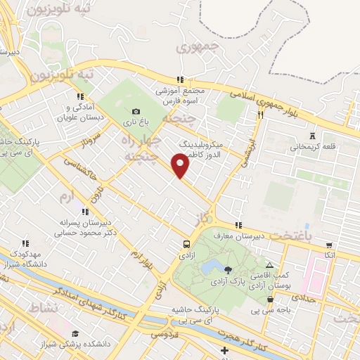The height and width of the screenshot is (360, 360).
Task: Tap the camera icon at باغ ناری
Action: [136, 111]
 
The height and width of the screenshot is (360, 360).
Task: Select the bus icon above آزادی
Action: [186, 244]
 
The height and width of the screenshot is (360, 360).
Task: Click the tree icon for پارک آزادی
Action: [227, 269]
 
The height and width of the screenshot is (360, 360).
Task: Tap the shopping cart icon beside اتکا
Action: [329, 245]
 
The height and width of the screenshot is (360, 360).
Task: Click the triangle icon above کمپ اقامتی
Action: [269, 265]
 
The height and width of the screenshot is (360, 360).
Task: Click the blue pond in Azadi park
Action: [209, 267]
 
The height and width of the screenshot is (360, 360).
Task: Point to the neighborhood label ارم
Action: [67, 193]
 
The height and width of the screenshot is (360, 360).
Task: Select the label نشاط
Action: [44, 308]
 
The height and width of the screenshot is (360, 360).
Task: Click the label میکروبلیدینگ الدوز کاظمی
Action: [200, 147]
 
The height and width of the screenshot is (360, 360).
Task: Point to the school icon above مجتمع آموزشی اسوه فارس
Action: [181, 80]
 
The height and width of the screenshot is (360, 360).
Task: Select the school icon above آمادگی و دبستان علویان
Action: [79, 96]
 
